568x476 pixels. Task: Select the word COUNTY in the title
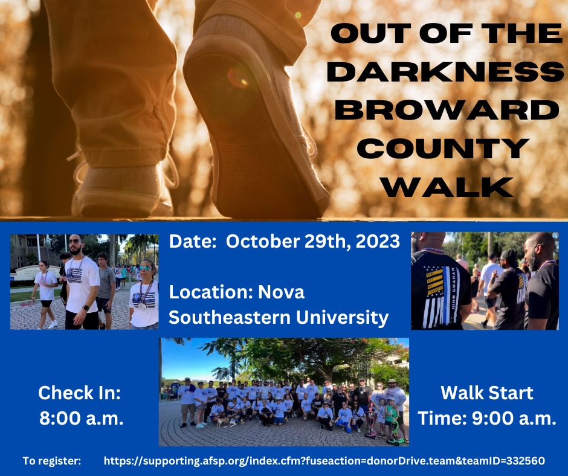point(446,148)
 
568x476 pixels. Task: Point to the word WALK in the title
point(446,186)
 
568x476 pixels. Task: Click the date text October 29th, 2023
point(312,242)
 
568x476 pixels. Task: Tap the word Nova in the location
point(282,292)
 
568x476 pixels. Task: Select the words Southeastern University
point(278,317)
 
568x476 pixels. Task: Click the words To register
point(52,461)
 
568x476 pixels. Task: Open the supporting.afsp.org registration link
point(324,461)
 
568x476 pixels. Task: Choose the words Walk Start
point(487,393)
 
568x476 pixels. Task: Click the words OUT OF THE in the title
point(446,34)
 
